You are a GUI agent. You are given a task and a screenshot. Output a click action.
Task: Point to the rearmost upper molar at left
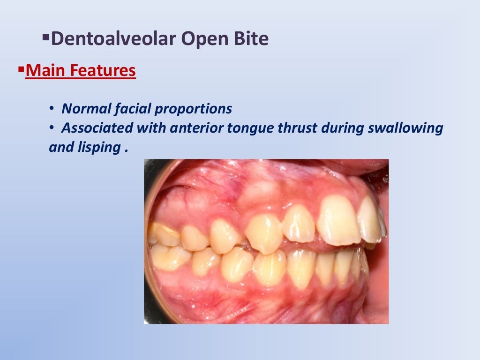click(x=164, y=233)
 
